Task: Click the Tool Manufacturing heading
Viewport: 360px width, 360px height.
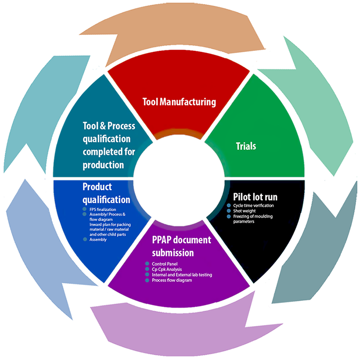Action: click(179, 102)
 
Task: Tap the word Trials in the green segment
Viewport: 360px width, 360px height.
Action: click(246, 147)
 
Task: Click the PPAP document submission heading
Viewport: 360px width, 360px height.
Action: click(182, 246)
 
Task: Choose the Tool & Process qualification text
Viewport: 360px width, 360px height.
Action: click(109, 145)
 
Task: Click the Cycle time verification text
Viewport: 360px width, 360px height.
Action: click(254, 206)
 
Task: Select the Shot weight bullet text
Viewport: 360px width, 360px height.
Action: click(244, 211)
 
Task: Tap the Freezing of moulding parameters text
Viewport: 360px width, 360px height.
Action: click(253, 219)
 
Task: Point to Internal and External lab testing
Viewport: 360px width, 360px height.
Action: click(182, 275)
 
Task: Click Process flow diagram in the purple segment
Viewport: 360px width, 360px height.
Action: click(172, 281)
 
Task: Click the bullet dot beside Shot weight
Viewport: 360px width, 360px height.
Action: click(229, 211)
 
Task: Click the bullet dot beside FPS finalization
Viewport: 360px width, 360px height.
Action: click(85, 210)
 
